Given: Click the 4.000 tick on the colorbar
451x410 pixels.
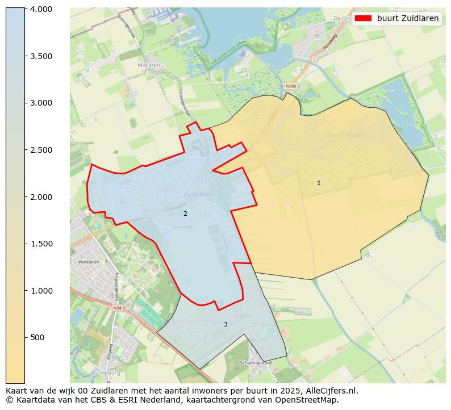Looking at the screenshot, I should point(41,9).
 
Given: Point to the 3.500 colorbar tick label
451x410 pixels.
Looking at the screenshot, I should point(41,56).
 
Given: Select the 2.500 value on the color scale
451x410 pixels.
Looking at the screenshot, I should point(41,150).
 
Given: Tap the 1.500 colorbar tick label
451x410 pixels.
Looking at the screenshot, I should point(41,244).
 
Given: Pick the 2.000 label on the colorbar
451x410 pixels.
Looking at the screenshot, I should point(41,197).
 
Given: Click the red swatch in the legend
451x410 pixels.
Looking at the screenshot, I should point(363,18).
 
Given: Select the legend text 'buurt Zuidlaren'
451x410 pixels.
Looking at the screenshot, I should point(408,18).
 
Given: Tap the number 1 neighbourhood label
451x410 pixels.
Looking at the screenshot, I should point(319,183).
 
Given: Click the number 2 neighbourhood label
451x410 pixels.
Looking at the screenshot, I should point(185,214).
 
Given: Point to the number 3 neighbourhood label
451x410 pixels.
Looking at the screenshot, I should point(225,324).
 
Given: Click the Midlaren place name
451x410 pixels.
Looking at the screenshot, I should point(148,65).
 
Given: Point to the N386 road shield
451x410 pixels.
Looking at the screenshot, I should point(291,86).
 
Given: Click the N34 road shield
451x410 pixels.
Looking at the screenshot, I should point(117,308).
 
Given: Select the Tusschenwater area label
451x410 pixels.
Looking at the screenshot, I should point(346,135).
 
